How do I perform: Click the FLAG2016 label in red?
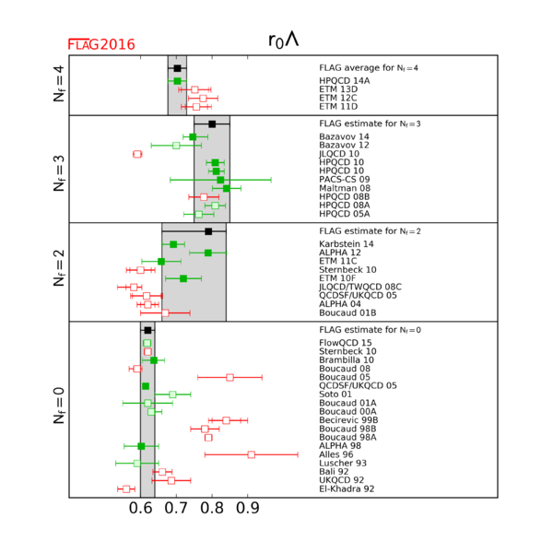pos(101,44)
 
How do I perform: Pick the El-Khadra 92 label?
pos(347,488)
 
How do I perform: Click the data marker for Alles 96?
pos(252,454)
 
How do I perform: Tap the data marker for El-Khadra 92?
pos(126,488)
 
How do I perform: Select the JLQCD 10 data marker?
pos(137,154)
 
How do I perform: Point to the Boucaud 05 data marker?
pos(229,377)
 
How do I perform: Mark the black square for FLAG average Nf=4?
pos(178,68)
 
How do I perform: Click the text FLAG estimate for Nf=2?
pos(373,231)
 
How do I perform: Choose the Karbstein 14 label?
pos(345,244)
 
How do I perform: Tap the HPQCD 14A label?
pos(344,81)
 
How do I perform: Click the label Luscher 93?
pos(343,463)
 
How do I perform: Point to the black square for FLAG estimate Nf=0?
pos(147,330)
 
